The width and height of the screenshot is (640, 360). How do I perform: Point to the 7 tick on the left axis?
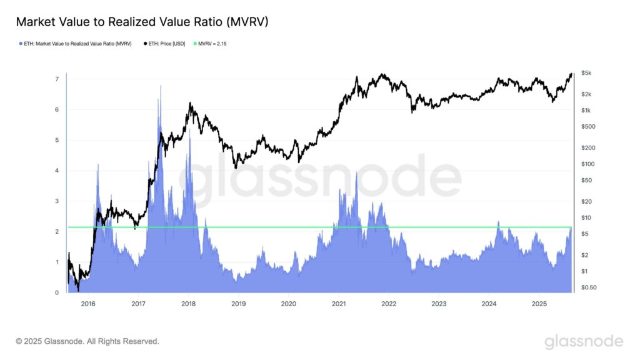point(57,79)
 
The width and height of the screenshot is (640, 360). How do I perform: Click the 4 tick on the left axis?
point(57,171)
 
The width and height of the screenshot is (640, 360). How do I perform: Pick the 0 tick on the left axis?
point(57,292)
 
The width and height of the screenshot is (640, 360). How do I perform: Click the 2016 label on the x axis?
point(88,304)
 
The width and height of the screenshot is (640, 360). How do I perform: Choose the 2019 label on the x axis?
point(238,304)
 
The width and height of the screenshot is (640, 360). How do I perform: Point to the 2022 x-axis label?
point(389,304)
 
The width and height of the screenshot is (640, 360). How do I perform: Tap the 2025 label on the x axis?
point(539,304)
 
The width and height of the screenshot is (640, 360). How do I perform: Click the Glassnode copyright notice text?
point(87,341)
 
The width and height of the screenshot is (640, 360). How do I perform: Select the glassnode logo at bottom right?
point(584,341)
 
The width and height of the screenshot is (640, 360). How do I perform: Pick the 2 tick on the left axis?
point(57,232)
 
